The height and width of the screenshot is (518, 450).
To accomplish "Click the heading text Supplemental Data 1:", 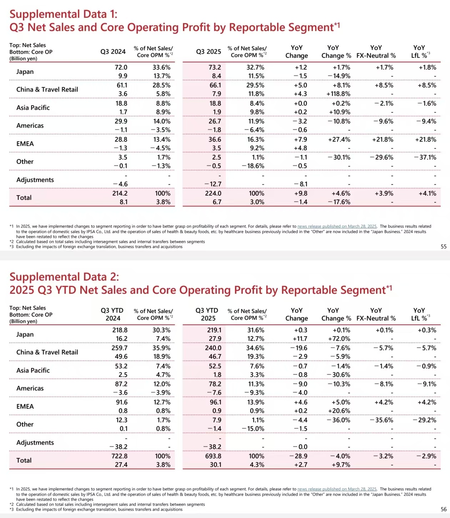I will (63, 14).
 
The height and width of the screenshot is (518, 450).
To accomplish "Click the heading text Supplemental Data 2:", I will (64, 277).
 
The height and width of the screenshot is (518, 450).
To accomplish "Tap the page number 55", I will (444, 247).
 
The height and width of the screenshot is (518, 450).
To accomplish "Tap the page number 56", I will (444, 509).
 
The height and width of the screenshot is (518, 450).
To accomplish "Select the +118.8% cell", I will (338, 94).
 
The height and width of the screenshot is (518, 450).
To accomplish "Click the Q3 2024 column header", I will (113, 52).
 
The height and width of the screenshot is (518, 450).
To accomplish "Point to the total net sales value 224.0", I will (213, 193).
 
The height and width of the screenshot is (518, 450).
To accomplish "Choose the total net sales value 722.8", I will (120, 456).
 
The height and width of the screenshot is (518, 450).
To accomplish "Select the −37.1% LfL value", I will (425, 157).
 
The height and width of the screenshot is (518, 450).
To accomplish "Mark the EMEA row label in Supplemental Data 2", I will (25, 407).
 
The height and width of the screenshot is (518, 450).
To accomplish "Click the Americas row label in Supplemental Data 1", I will (30, 126).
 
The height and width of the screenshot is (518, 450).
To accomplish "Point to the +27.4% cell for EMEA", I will (339, 140).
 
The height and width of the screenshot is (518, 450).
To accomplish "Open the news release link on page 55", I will (337, 226).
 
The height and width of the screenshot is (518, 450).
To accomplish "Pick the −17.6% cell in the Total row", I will (339, 202).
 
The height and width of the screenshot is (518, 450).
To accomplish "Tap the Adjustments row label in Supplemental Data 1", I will (35, 180).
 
